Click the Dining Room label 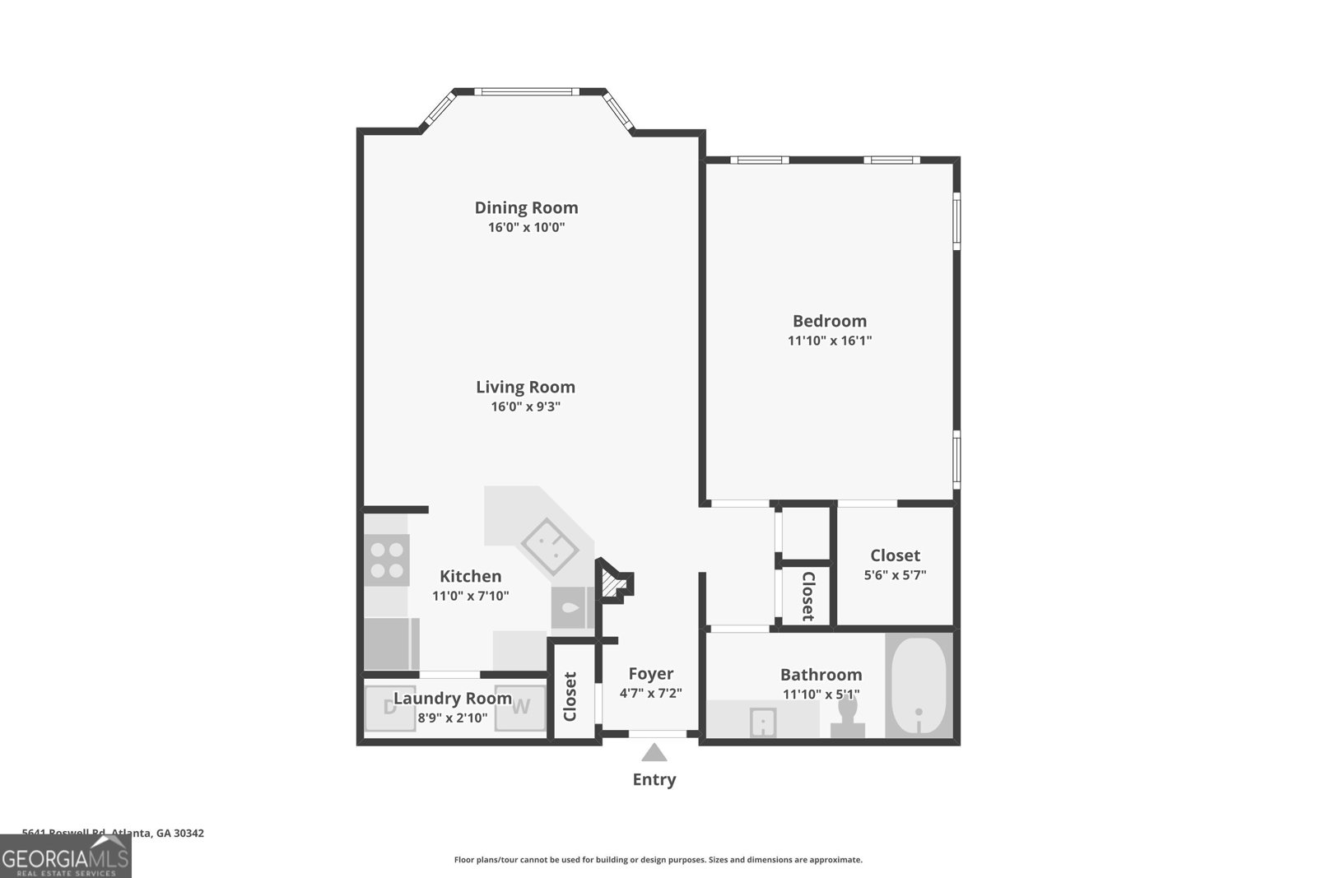tap(526, 207)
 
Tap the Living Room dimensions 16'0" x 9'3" tap(526, 406)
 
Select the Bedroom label tap(829, 321)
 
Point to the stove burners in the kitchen tap(387, 560)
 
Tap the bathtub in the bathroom tap(919, 686)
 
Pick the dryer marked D tap(389, 707)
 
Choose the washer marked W tap(520, 707)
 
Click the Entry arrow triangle tap(654, 752)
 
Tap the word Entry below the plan tap(654, 779)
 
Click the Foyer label tap(650, 674)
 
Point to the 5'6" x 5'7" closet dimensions tap(895, 575)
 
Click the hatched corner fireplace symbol tap(611, 585)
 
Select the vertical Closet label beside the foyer tap(570, 696)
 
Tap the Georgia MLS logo tap(65, 857)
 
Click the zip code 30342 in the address tap(189, 833)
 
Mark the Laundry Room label tap(452, 699)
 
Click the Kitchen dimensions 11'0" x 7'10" tap(471, 596)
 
